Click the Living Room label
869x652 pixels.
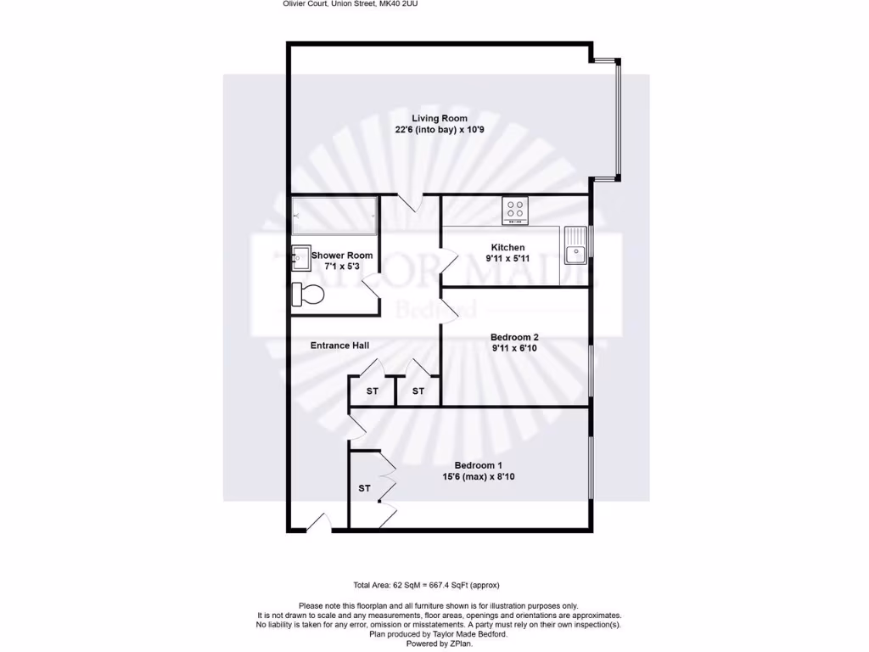(440, 118)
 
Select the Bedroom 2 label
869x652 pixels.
(514, 337)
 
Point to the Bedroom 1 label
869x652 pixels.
(479, 465)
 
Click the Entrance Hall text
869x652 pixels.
(339, 346)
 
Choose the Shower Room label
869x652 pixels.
(342, 256)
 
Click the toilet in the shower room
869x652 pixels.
(307, 295)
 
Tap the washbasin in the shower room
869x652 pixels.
(300, 256)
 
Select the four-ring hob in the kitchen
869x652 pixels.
(514, 210)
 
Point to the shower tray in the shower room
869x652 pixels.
(334, 216)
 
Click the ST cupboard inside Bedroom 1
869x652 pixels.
(364, 488)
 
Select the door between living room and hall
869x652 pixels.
(410, 203)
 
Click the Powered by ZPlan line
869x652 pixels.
(439, 644)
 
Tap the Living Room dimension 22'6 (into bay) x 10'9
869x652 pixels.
(440, 130)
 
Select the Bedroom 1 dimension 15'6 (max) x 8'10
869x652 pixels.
(479, 477)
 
